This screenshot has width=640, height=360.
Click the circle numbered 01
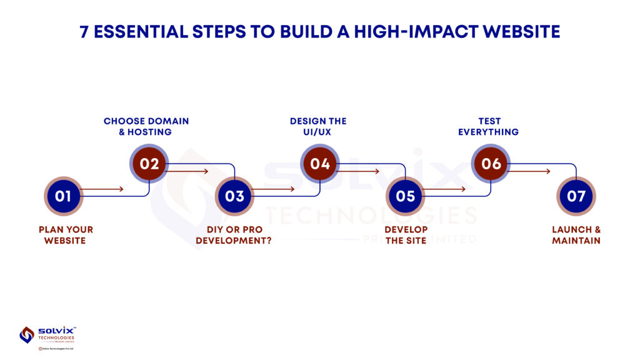click(63, 196)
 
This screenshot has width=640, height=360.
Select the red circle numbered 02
click(149, 164)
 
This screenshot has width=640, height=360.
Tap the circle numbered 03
click(234, 196)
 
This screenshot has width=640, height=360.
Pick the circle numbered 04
click(320, 164)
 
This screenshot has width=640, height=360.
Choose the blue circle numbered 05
click(405, 196)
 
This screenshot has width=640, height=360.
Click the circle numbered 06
click(491, 164)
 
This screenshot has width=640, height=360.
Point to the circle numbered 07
click(576, 196)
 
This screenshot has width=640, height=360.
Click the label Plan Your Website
click(66, 235)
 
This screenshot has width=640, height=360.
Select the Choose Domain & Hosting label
click(146, 126)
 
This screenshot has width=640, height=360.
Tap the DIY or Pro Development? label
click(234, 235)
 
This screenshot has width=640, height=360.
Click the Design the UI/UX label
click(318, 126)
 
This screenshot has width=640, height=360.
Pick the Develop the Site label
click(406, 235)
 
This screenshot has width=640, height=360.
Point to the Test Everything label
click(489, 126)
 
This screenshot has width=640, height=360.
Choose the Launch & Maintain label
click(576, 235)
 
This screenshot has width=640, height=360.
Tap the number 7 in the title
click(84, 32)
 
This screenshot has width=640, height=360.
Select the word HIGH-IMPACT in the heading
click(416, 32)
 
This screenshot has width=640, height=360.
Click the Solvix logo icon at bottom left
click(27, 335)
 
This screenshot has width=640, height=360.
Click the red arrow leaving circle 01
click(102, 189)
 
